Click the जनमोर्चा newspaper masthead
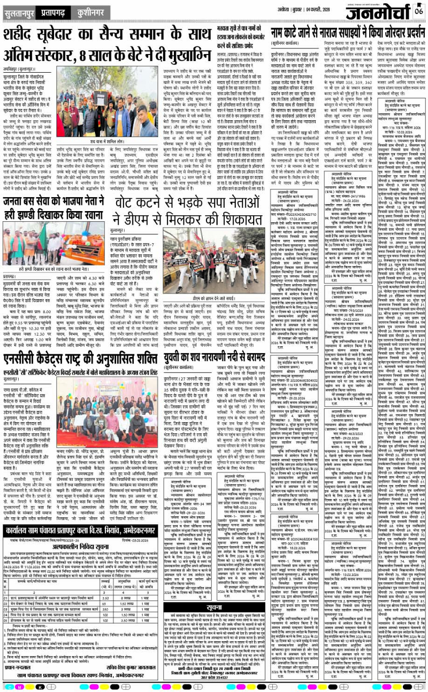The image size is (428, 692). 375,11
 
